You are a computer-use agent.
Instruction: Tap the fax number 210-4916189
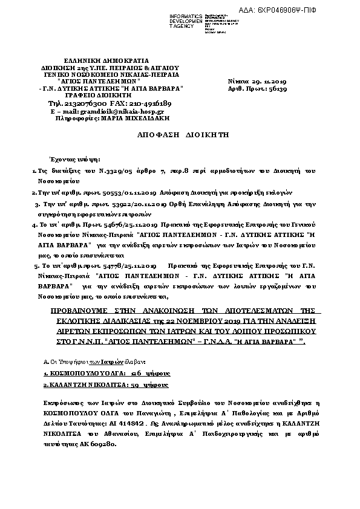148,103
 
